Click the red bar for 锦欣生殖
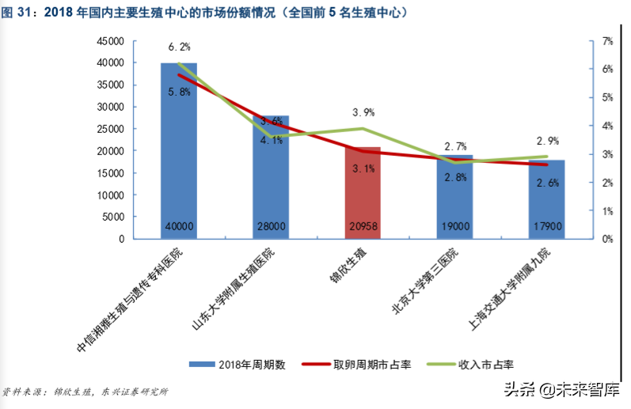point(363,190)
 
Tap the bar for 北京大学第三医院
point(455,194)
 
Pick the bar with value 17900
point(546,198)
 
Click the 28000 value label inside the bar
point(271,226)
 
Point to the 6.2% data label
point(179,47)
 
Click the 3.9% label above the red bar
point(362,112)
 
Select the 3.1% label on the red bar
point(363,169)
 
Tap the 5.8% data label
point(179,93)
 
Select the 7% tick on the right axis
point(607,40)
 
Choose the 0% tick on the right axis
point(607,238)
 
